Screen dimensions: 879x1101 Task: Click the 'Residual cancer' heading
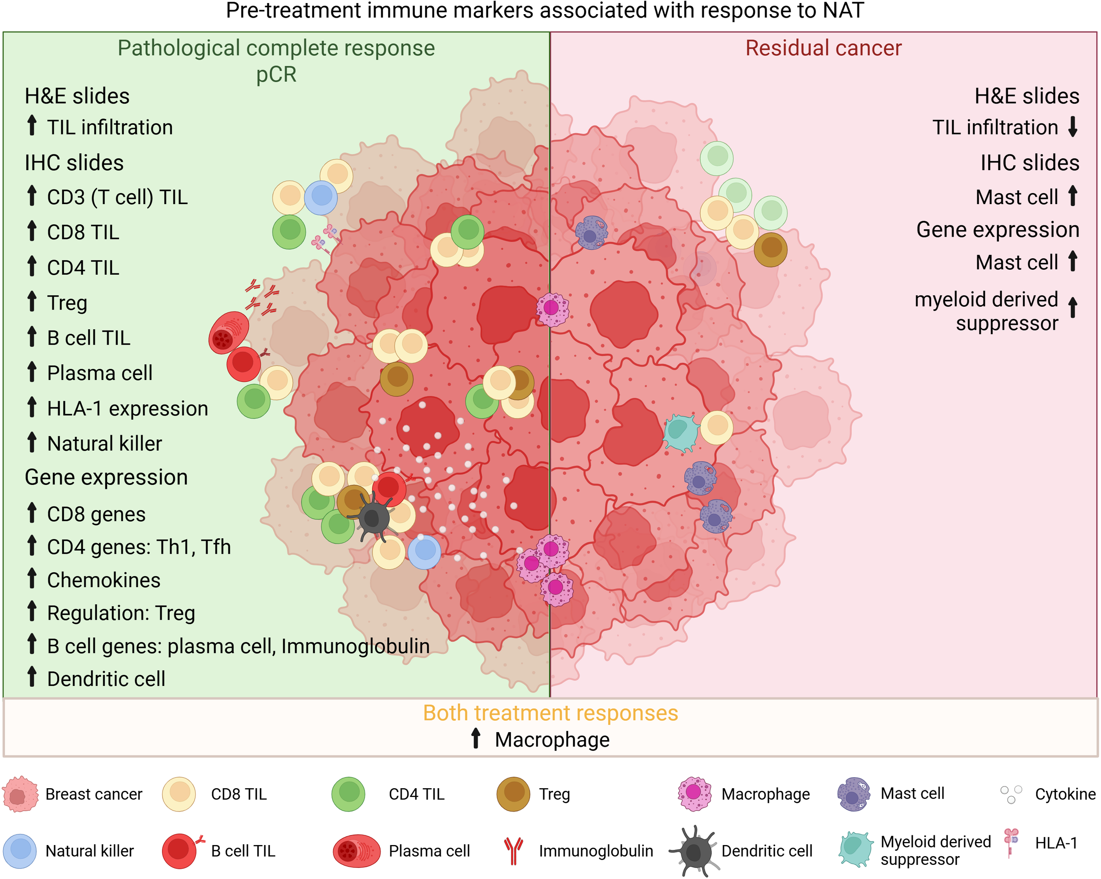[x=823, y=48]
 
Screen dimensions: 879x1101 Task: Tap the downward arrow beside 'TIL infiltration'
[x=1073, y=127]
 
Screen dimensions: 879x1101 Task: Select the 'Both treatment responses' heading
[x=550, y=713]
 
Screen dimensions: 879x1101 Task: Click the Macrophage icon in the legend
[x=694, y=793]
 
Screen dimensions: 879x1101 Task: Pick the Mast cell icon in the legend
[x=853, y=793]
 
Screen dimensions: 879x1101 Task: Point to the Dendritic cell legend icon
[x=694, y=851]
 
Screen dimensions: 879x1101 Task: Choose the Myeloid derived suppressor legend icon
[x=854, y=849]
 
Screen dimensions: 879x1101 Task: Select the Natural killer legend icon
[x=20, y=851]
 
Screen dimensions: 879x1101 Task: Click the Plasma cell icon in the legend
[x=356, y=851]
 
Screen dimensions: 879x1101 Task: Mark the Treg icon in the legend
[x=513, y=793]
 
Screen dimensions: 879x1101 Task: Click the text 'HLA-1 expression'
[x=128, y=409]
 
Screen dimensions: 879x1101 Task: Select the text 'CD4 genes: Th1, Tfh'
[x=139, y=547]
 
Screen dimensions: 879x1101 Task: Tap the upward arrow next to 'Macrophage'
[x=476, y=738]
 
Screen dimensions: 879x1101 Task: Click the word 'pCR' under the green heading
[x=276, y=74]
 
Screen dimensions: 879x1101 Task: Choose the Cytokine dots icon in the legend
[x=1011, y=793]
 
